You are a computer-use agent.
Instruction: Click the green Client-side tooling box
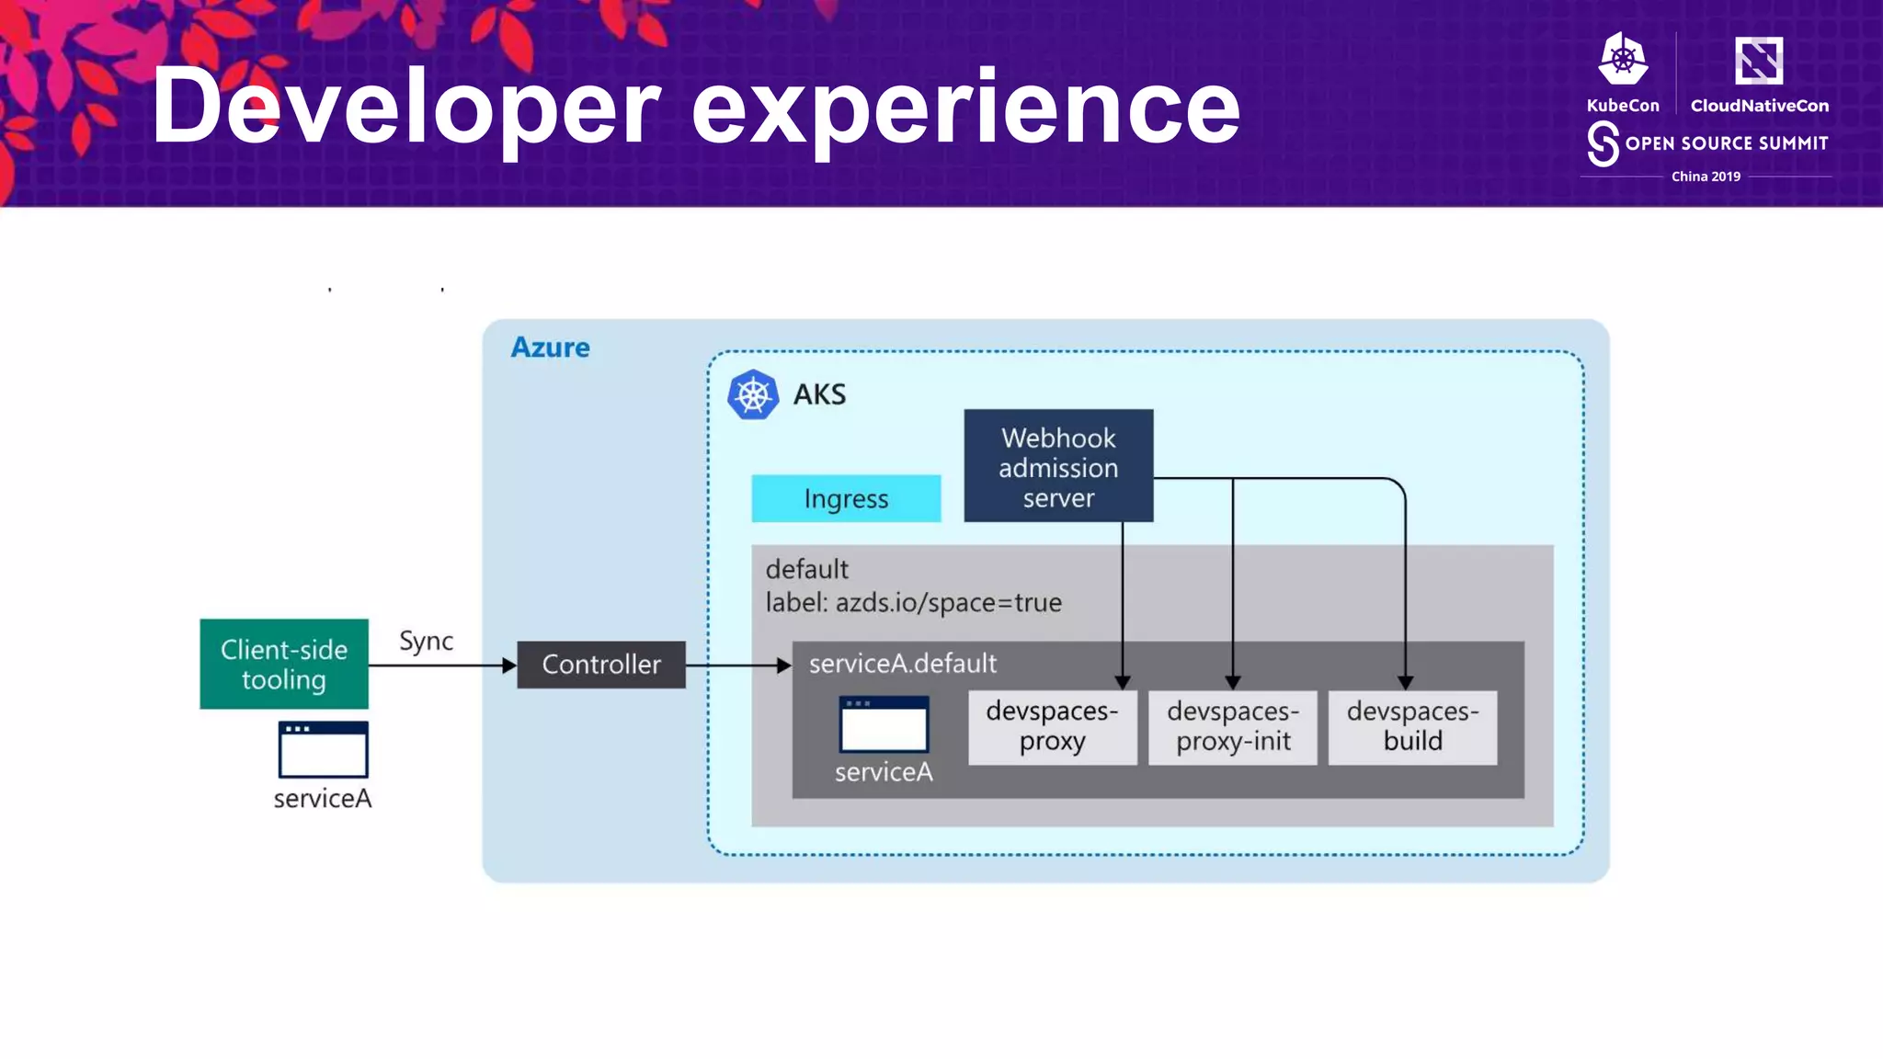(284, 664)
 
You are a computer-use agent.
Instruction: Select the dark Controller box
(601, 665)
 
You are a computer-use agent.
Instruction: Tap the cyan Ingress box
(846, 498)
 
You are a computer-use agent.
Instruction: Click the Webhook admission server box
(1058, 466)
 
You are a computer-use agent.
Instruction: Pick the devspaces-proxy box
(1052, 726)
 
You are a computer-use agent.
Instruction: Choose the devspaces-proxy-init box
(1232, 726)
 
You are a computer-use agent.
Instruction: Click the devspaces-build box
(1412, 726)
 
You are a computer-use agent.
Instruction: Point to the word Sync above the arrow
(426, 641)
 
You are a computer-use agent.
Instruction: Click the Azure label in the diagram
(550, 347)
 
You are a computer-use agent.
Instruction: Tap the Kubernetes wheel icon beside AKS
(753, 395)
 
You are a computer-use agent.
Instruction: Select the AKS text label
(819, 395)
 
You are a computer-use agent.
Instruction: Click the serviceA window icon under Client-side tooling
(324, 749)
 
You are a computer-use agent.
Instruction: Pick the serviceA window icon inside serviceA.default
(884, 724)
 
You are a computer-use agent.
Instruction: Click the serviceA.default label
(902, 663)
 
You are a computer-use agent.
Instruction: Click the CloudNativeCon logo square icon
(1758, 61)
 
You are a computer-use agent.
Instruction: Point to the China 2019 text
(1706, 176)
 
